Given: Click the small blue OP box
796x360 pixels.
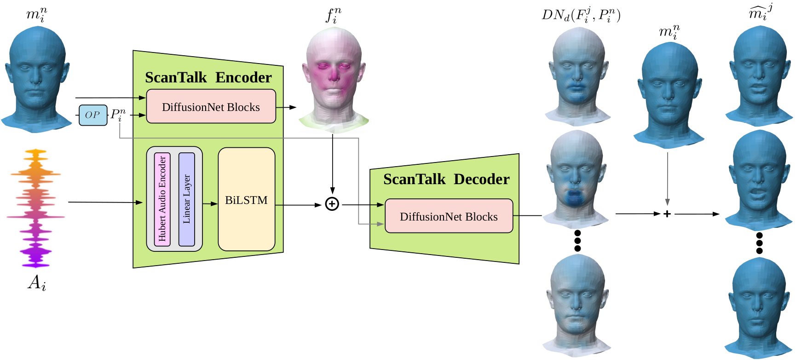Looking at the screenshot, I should pyautogui.click(x=92, y=115).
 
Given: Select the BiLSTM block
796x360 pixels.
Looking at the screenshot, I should pyautogui.click(x=246, y=199).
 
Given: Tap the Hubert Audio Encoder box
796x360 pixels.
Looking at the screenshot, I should pyautogui.click(x=162, y=199).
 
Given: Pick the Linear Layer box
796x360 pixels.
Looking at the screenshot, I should pyautogui.click(x=186, y=199).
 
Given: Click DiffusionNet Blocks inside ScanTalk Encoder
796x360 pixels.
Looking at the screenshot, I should pyautogui.click(x=211, y=107).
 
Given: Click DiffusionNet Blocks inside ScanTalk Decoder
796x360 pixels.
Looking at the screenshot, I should pyautogui.click(x=449, y=216).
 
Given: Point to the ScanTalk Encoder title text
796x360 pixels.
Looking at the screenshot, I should pyautogui.click(x=208, y=77).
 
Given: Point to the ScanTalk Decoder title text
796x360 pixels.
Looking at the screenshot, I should pyautogui.click(x=446, y=179).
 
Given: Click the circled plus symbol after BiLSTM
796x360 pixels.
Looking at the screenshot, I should pyautogui.click(x=332, y=204).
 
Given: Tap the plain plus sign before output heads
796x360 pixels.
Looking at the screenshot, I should pyautogui.click(x=667, y=214).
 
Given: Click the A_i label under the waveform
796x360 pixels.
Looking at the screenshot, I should pyautogui.click(x=37, y=282).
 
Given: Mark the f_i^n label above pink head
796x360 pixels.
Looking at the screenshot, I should pyautogui.click(x=334, y=16).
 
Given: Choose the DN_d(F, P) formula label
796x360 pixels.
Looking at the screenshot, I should pyautogui.click(x=581, y=16).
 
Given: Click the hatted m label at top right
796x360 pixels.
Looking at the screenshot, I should pyautogui.click(x=760, y=12).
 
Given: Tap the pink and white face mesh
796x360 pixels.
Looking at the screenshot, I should pyautogui.click(x=333, y=78).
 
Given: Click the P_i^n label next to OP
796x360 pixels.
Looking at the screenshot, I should pyautogui.click(x=118, y=115).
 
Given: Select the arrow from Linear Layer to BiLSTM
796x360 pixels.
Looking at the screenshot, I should pyautogui.click(x=210, y=203).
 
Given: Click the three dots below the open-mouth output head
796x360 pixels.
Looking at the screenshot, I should pyautogui.click(x=759, y=243).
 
